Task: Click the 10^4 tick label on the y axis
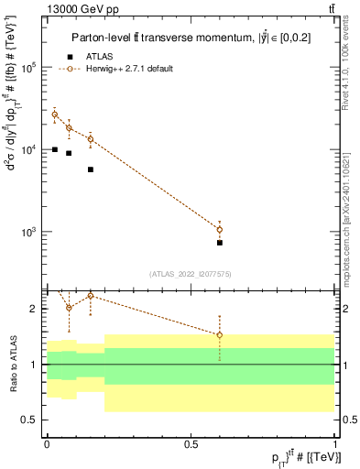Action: click(30, 149)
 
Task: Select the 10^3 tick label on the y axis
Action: click(30, 231)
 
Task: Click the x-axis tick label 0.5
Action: click(191, 443)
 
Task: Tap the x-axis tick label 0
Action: click(47, 443)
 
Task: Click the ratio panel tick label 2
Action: click(35, 309)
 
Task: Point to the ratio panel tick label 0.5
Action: click(31, 420)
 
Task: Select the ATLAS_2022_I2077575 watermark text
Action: click(191, 274)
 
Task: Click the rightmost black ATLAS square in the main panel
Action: click(220, 243)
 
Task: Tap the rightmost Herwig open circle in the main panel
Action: click(220, 229)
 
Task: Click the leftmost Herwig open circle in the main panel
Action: click(54, 115)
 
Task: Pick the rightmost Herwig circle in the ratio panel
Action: click(220, 335)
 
